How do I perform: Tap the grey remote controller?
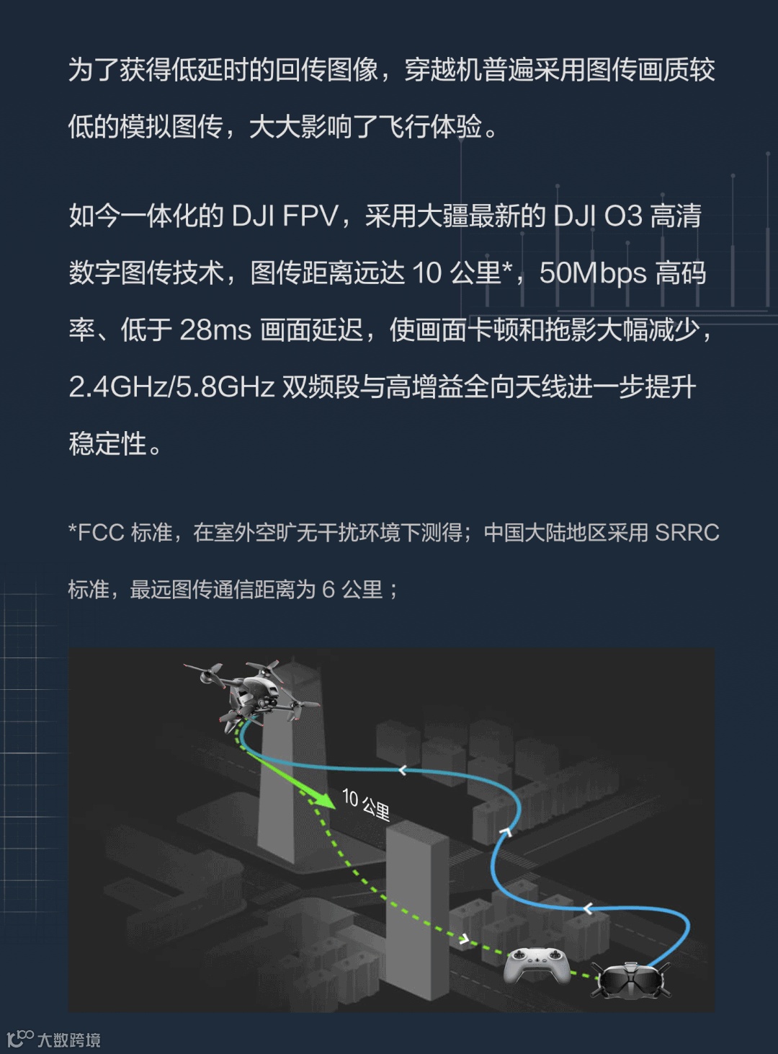(537, 965)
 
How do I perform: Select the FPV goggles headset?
(631, 980)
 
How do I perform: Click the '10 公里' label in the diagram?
(366, 805)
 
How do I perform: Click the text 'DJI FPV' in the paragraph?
(285, 216)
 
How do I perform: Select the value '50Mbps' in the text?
(593, 273)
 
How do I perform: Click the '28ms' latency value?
(215, 330)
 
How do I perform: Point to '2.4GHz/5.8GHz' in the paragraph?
(171, 387)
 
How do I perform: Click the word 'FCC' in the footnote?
(101, 533)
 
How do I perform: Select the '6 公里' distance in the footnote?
(352, 590)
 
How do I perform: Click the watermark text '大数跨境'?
(69, 1040)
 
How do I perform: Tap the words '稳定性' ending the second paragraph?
(108, 444)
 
